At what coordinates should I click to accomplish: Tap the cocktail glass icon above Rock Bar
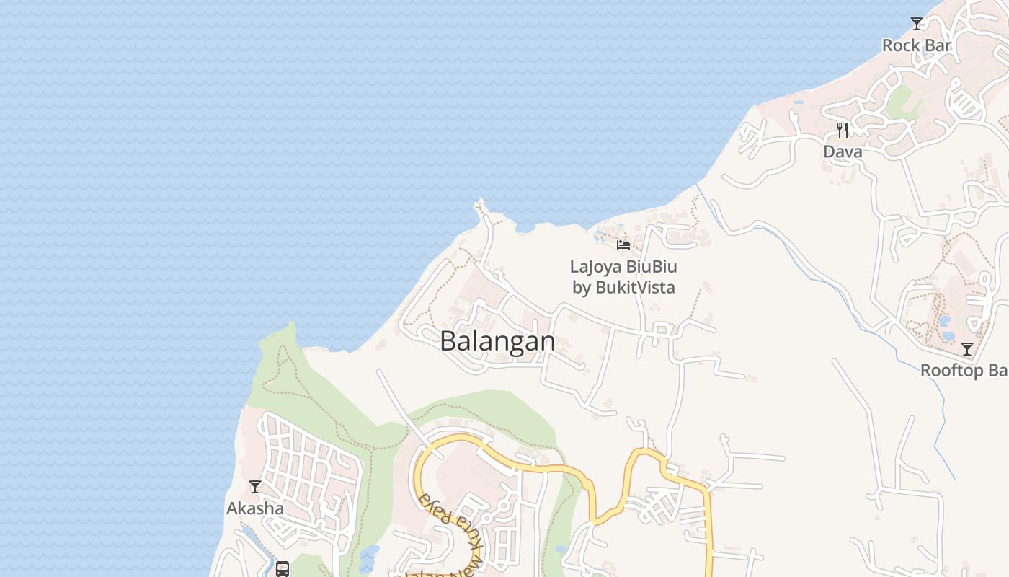(x=917, y=24)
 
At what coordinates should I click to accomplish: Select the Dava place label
(x=843, y=152)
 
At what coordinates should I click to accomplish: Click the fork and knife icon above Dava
(x=843, y=131)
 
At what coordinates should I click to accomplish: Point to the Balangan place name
(x=497, y=341)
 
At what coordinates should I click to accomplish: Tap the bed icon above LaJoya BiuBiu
(x=623, y=245)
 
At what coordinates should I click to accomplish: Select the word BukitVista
(x=635, y=288)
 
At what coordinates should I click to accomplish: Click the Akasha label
(x=255, y=508)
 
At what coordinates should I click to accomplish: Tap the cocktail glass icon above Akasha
(x=255, y=487)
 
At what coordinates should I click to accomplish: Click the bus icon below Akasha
(x=283, y=568)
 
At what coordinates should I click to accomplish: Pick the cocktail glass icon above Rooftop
(x=967, y=349)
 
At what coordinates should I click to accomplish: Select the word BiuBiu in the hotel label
(x=652, y=267)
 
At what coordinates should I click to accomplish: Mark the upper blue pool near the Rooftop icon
(x=945, y=320)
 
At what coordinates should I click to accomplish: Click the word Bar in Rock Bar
(x=938, y=45)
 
